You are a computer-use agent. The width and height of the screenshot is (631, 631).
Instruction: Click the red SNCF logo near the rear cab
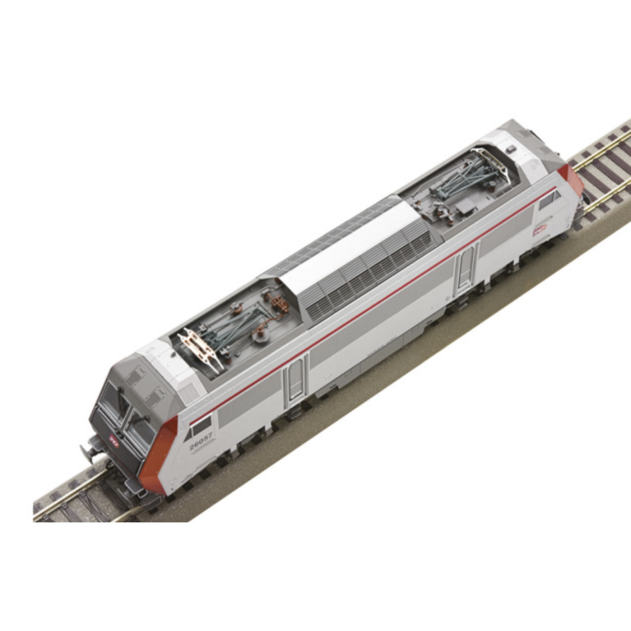coord(541,230)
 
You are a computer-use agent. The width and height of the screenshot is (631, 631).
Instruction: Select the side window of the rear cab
coord(549,198)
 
